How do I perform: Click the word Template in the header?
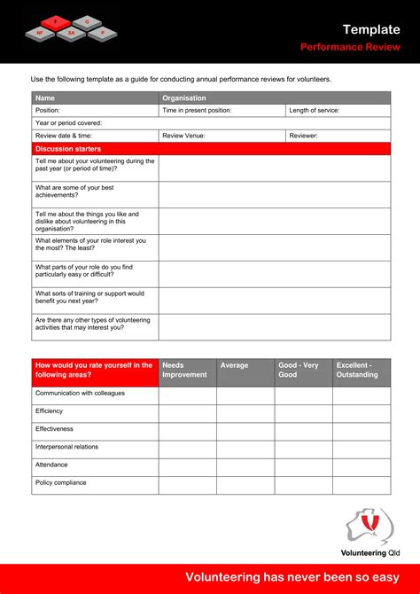pyautogui.click(x=371, y=29)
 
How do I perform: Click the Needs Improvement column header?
pyautogui.click(x=187, y=370)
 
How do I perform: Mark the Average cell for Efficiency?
pyautogui.click(x=245, y=412)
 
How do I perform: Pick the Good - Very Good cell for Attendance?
pyautogui.click(x=303, y=465)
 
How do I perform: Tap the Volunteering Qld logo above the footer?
pyautogui.click(x=369, y=532)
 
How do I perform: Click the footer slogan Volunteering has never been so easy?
pyautogui.click(x=292, y=578)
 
